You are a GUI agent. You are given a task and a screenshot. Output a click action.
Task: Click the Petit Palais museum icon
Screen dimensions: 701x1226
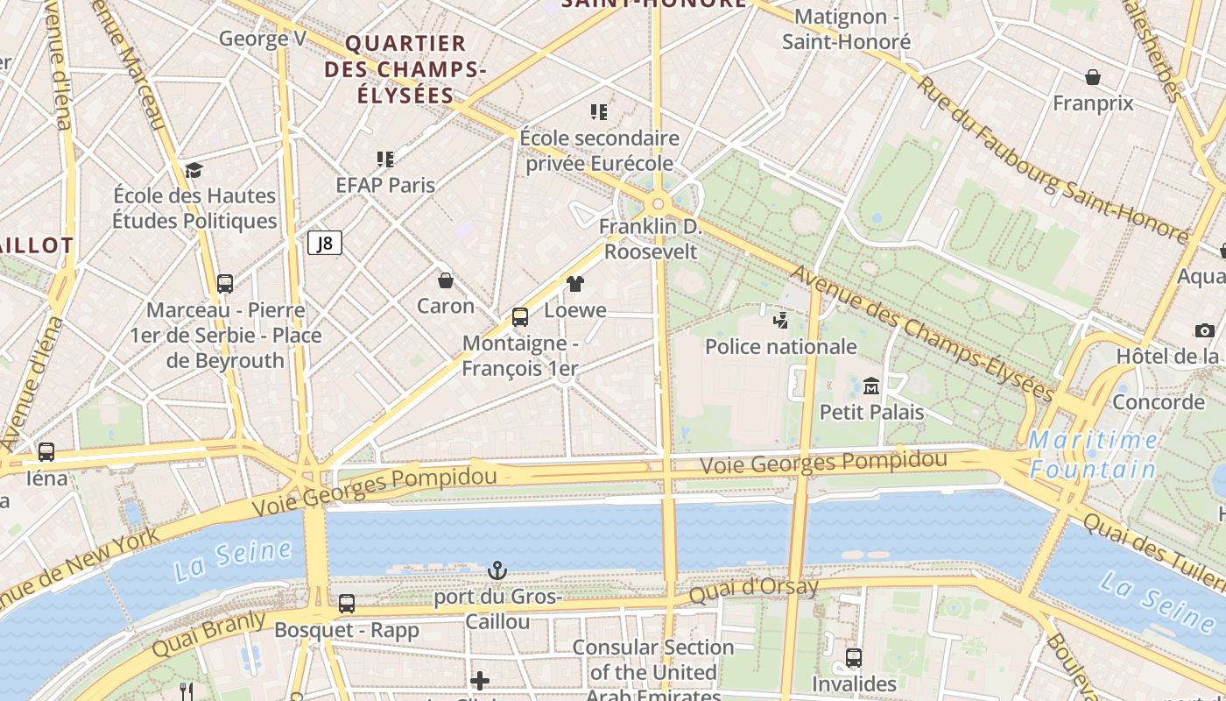click(x=871, y=386)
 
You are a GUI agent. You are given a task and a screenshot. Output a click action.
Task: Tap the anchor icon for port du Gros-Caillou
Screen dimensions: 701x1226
click(x=497, y=571)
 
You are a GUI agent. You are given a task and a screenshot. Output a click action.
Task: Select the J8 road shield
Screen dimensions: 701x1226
click(x=325, y=243)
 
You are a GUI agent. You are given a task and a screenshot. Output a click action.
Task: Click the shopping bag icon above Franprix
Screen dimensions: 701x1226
click(x=1093, y=77)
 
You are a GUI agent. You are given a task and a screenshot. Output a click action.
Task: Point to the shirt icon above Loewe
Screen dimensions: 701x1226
click(x=574, y=283)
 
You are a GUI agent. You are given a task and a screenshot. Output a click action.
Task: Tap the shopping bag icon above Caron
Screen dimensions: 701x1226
click(x=446, y=280)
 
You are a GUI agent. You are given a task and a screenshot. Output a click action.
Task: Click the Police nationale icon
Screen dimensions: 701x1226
click(x=780, y=321)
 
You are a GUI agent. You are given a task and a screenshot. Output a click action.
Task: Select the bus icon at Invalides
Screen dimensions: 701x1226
click(x=854, y=657)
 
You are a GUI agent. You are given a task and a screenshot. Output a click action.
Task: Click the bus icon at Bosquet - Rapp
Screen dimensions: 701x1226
click(x=347, y=604)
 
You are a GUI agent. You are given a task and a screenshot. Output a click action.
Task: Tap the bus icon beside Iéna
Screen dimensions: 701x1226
click(x=46, y=452)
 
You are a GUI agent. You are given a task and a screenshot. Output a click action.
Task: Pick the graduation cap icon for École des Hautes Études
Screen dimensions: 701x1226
click(x=194, y=170)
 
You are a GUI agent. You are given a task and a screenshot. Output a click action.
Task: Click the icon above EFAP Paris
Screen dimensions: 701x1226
click(x=385, y=159)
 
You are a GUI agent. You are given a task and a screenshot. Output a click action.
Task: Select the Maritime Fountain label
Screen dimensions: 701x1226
click(x=1093, y=455)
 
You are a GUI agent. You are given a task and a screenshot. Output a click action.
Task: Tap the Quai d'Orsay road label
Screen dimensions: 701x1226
click(x=753, y=590)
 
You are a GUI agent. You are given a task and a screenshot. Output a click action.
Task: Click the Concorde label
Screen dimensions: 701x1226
click(x=1158, y=402)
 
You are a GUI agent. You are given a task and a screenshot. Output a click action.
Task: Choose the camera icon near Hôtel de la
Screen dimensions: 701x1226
click(x=1205, y=330)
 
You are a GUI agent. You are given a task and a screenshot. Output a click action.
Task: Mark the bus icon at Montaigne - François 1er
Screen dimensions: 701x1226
click(x=520, y=317)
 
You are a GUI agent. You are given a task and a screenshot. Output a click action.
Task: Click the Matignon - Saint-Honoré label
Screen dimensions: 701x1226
click(x=846, y=29)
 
